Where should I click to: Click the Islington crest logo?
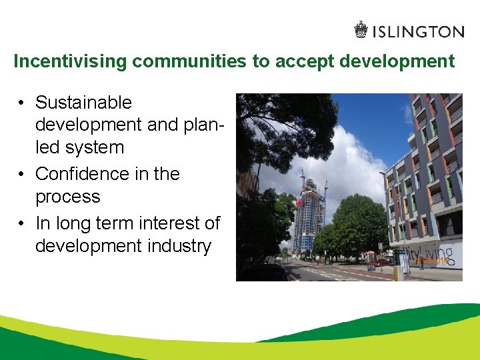361,31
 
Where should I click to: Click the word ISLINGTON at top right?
418,31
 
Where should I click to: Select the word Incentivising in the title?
70,62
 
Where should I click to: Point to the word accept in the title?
301,62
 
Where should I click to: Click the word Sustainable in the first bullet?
83,103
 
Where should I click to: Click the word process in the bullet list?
67,197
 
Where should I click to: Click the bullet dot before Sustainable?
22,103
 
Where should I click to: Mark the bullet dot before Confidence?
22,175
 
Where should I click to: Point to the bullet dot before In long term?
22,224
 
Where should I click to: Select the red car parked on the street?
381,263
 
